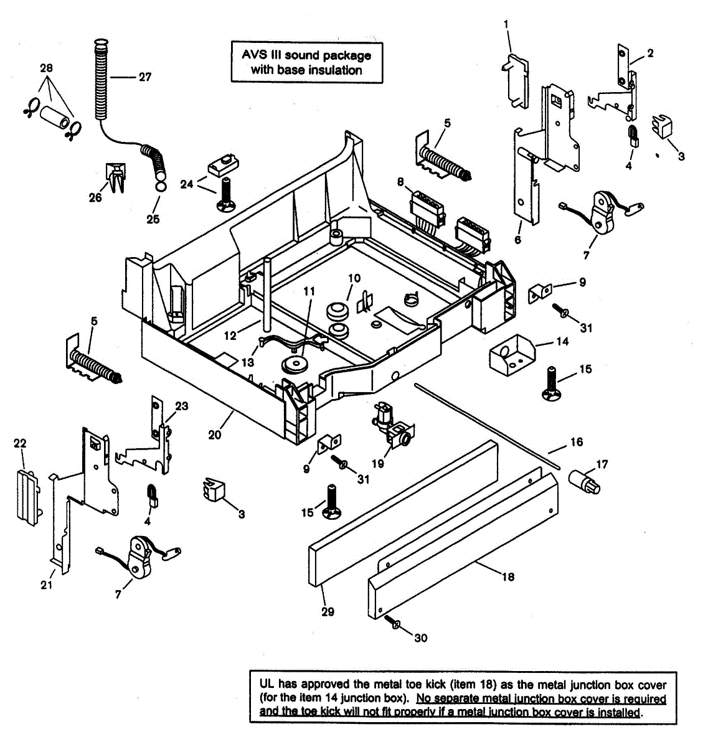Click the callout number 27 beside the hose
tap(144, 77)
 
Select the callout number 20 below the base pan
tap(215, 435)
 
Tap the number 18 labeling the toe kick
tap(508, 577)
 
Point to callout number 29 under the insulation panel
tap(328, 612)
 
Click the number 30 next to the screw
tap(421, 638)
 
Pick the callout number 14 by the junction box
tap(562, 341)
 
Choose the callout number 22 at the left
tap(20, 443)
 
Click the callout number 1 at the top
tap(506, 24)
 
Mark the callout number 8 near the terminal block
tap(401, 182)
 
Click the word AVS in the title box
tap(253, 55)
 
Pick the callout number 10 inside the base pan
tap(354, 278)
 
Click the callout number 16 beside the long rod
tap(577, 442)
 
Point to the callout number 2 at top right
tap(650, 54)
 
